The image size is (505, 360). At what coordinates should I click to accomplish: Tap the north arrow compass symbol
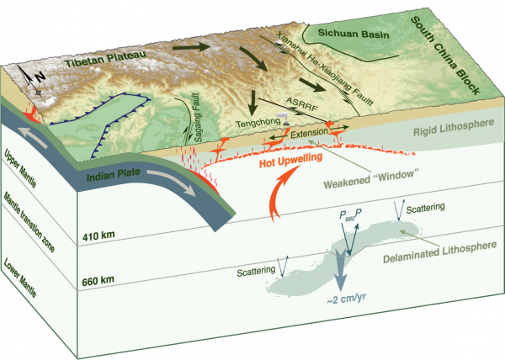point(32,79)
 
